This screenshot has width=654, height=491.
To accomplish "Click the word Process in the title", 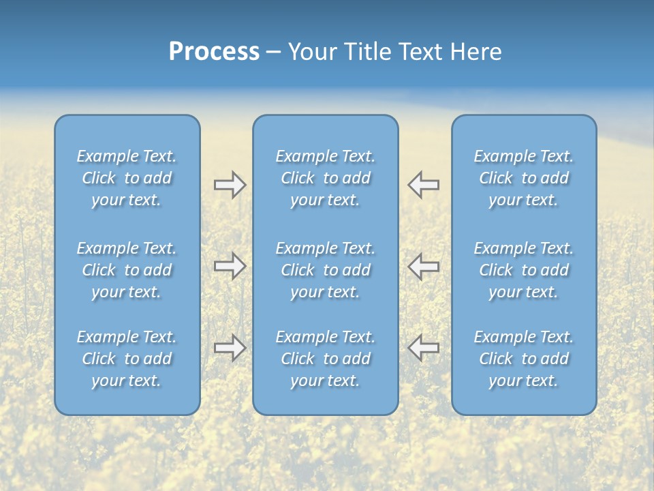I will [214, 52].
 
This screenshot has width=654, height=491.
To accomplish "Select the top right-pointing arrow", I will [230, 184].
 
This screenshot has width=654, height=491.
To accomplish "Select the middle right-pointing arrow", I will [230, 266].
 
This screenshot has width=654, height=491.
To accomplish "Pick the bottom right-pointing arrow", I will [230, 348].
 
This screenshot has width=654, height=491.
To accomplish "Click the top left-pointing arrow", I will [424, 184].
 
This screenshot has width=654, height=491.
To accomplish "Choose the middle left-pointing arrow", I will [424, 266].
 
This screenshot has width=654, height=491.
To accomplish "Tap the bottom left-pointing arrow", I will [424, 348].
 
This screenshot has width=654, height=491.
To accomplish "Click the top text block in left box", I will [127, 178].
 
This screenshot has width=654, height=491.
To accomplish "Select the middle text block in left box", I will [127, 270].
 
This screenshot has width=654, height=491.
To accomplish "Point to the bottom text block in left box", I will [127, 359].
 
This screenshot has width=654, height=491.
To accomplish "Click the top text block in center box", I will [326, 178].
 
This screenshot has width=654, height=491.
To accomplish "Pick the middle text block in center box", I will [326, 270].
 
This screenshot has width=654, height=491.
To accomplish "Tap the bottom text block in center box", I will [326, 359].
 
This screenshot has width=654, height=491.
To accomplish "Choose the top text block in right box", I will [524, 178].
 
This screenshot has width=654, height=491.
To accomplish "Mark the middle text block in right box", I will [524, 270].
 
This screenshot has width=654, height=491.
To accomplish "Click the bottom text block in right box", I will [524, 359].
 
